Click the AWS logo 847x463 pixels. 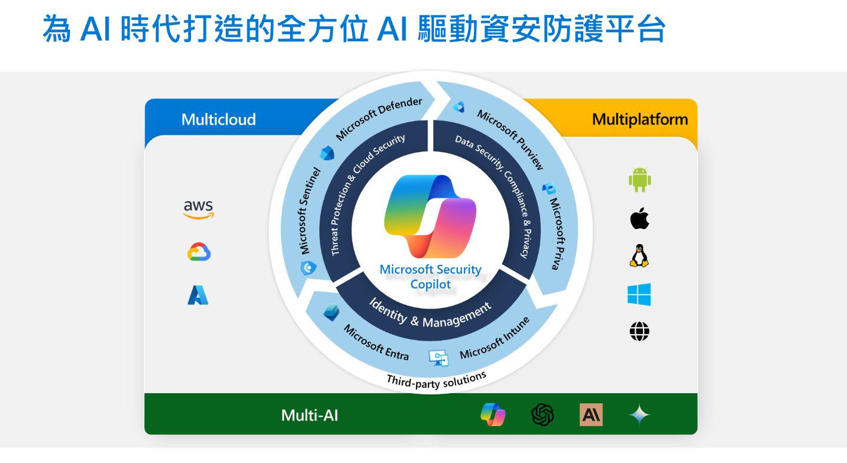click(x=198, y=209)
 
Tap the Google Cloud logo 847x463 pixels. click(x=199, y=253)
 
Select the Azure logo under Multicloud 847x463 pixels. click(x=198, y=295)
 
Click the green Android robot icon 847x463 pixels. click(x=639, y=180)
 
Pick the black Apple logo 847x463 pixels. click(x=639, y=219)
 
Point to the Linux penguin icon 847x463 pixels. click(x=639, y=255)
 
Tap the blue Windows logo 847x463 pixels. click(x=639, y=295)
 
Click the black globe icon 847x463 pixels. click(x=639, y=332)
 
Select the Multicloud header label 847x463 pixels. click(x=218, y=119)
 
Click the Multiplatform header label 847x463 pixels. click(x=640, y=119)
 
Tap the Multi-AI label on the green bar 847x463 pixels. click(x=310, y=415)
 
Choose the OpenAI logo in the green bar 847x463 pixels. click(x=543, y=415)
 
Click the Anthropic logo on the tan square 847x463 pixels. click(x=591, y=415)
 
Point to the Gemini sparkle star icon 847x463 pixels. click(x=639, y=415)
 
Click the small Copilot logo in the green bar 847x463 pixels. click(x=493, y=415)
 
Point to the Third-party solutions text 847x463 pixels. click(x=436, y=379)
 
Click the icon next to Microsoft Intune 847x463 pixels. click(x=439, y=357)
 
